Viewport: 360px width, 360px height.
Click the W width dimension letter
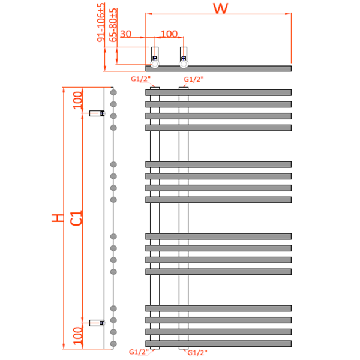[221, 9]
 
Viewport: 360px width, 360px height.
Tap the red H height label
[57, 218]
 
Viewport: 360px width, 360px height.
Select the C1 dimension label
[76, 218]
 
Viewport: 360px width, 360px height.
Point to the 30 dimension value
[126, 34]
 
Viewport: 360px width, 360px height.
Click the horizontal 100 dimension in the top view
[170, 34]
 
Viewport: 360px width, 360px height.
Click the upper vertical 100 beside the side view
[77, 100]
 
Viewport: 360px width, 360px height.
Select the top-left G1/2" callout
[140, 79]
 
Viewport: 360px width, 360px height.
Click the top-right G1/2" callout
[193, 79]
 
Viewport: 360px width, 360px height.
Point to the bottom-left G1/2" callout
[139, 352]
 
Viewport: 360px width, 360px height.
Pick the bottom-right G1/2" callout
[197, 353]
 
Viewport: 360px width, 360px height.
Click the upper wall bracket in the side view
[97, 113]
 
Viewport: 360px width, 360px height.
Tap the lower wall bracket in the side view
[97, 323]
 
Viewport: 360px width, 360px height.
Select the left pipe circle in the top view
[155, 64]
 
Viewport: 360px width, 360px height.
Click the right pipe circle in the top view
[184, 64]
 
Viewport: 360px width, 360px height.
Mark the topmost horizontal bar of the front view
[218, 92]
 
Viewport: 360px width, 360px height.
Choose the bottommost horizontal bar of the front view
[218, 344]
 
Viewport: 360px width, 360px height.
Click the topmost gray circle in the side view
[113, 92]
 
